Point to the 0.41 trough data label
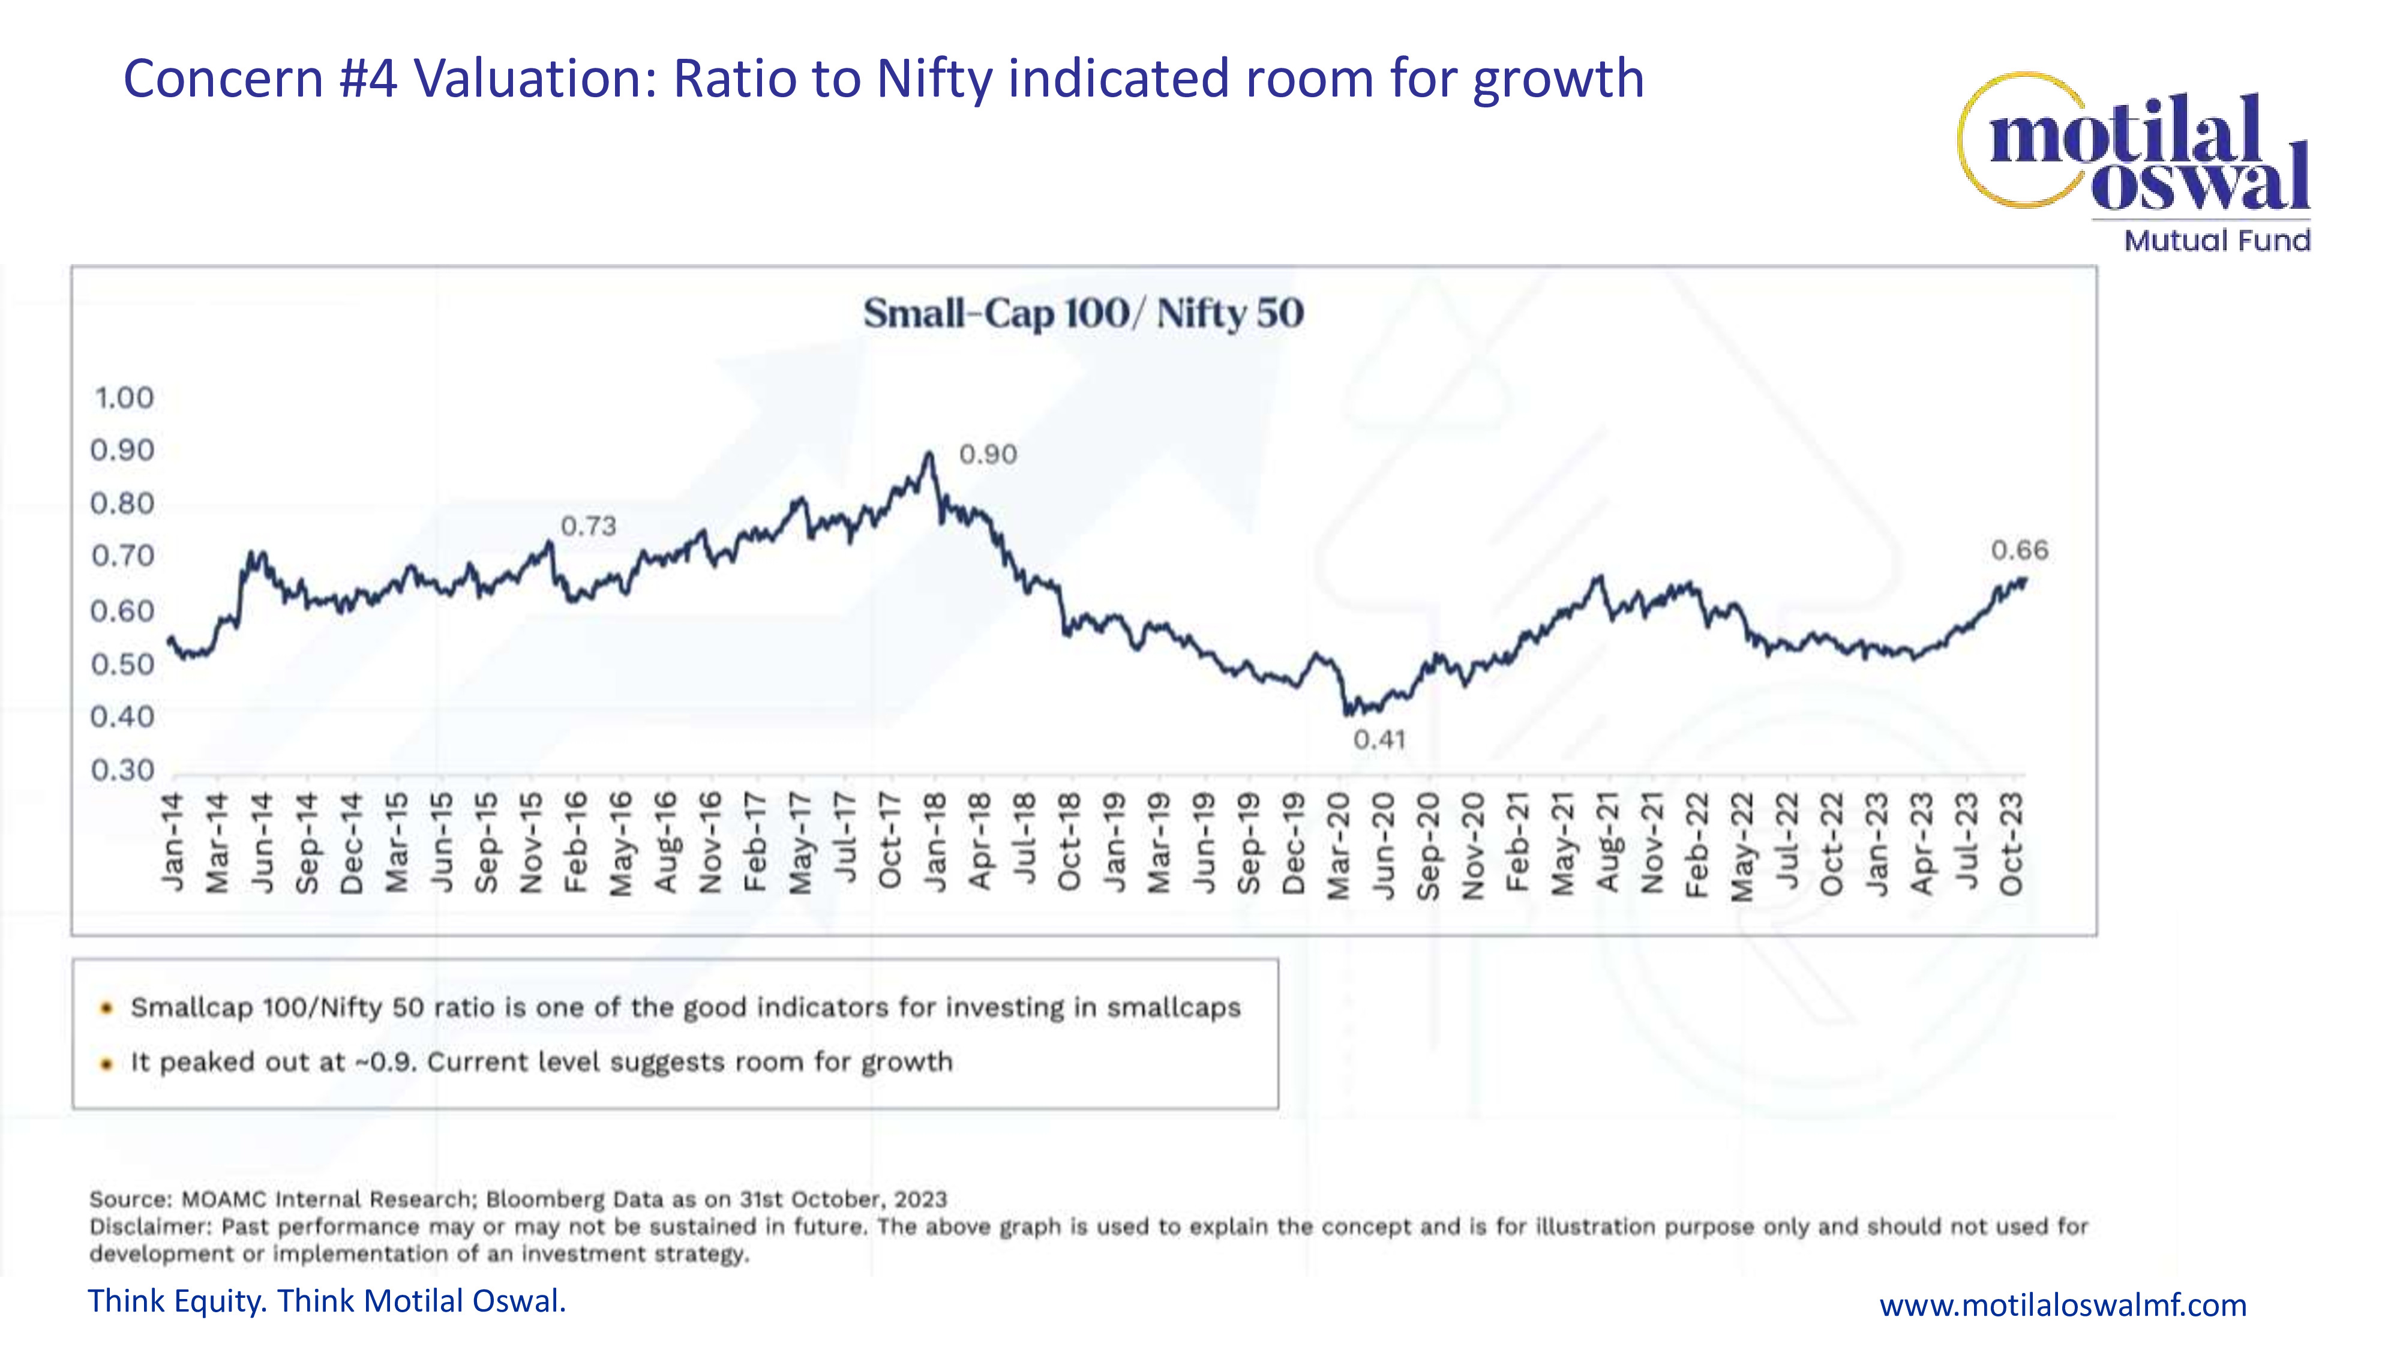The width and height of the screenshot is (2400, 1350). (1379, 740)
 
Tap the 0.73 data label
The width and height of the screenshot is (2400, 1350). (588, 526)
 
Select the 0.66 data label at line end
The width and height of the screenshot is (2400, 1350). (2019, 551)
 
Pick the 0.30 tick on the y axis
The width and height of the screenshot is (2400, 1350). (122, 770)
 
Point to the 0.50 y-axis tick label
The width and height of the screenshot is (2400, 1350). (122, 664)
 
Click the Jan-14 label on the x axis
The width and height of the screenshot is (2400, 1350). (173, 842)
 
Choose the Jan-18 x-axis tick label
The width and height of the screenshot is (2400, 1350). (935, 842)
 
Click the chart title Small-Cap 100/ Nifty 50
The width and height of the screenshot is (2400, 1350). (1082, 313)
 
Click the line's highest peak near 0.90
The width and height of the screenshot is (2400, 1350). (928, 454)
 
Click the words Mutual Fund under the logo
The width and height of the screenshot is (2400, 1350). (2216, 241)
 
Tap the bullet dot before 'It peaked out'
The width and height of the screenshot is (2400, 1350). (107, 1063)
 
